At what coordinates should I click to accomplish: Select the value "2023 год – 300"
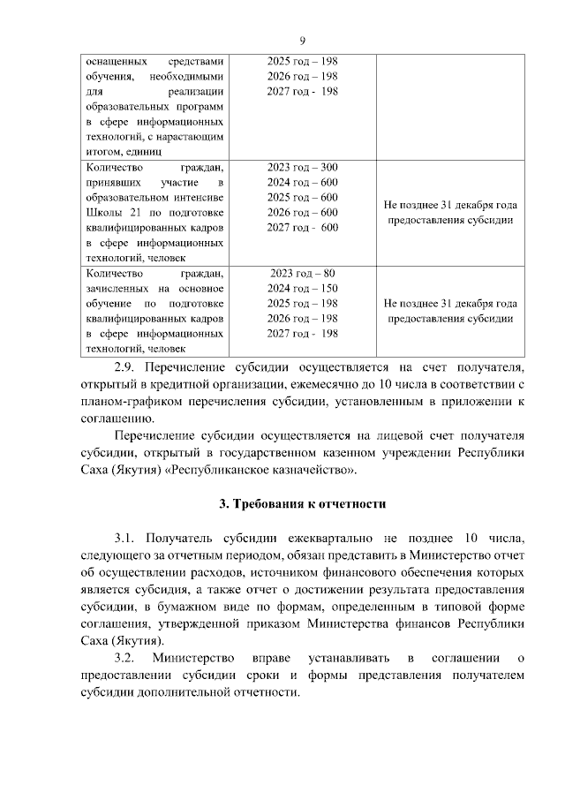coord(303,167)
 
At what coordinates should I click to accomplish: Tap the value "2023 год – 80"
coord(303,272)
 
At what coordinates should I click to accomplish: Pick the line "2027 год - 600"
coord(303,227)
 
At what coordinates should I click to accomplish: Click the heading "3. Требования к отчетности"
coord(304,504)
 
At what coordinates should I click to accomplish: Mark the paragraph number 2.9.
coord(130,366)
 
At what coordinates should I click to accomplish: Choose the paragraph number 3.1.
coord(129,538)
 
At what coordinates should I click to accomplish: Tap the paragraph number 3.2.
coord(129,658)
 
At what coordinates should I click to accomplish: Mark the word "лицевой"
coord(383,435)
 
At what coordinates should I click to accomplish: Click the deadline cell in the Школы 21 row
coord(450,213)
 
